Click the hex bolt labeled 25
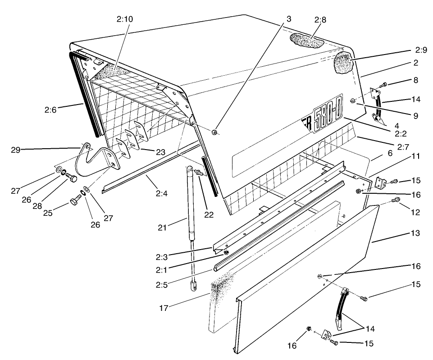click(x=73, y=201)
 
